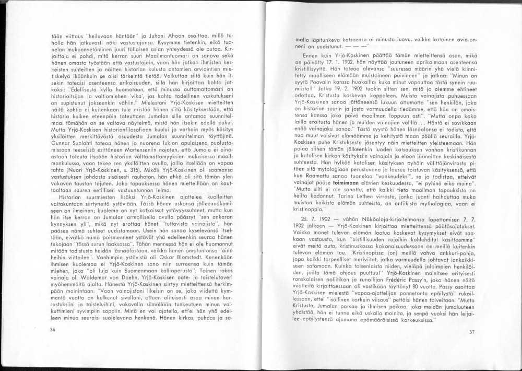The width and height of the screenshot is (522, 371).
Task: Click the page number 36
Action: click(x=53, y=330)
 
